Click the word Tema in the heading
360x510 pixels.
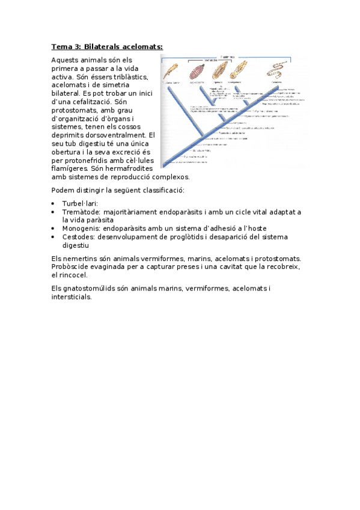[x=61, y=46]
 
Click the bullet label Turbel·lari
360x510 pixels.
[x=79, y=203]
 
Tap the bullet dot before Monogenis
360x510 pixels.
[x=54, y=229]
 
